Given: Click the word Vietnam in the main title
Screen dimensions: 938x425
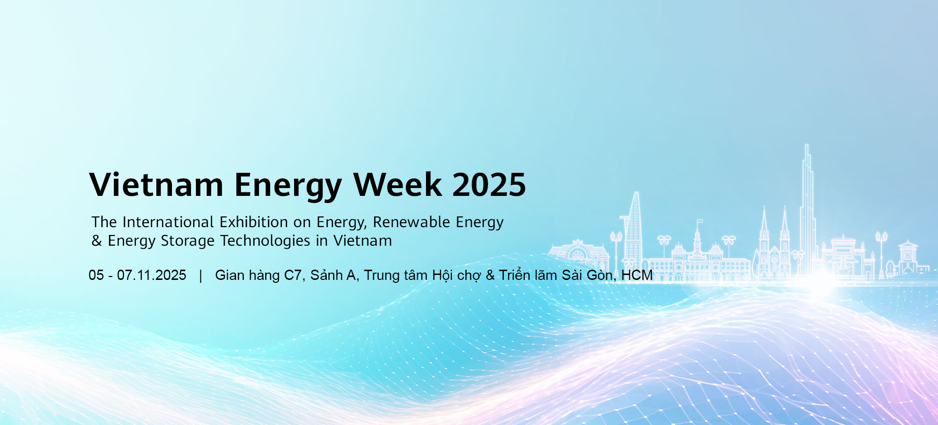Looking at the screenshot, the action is coord(156,185).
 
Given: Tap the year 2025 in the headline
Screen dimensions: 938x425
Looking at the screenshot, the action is coord(489,185).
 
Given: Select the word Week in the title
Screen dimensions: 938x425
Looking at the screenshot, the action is coord(398,185).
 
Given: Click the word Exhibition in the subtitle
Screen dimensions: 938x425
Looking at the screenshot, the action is coord(254,222).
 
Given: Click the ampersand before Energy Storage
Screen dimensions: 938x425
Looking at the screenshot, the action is coord(97,241).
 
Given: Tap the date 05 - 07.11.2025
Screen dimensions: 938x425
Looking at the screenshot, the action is coord(137,275).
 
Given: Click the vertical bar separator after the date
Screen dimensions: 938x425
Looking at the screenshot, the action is coord(201,276).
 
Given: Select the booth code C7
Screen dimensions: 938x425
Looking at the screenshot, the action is coord(293,275).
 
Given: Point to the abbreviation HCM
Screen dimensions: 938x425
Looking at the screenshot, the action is coord(637,275).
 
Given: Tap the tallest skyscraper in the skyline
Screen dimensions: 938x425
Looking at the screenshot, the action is coord(807,210).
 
